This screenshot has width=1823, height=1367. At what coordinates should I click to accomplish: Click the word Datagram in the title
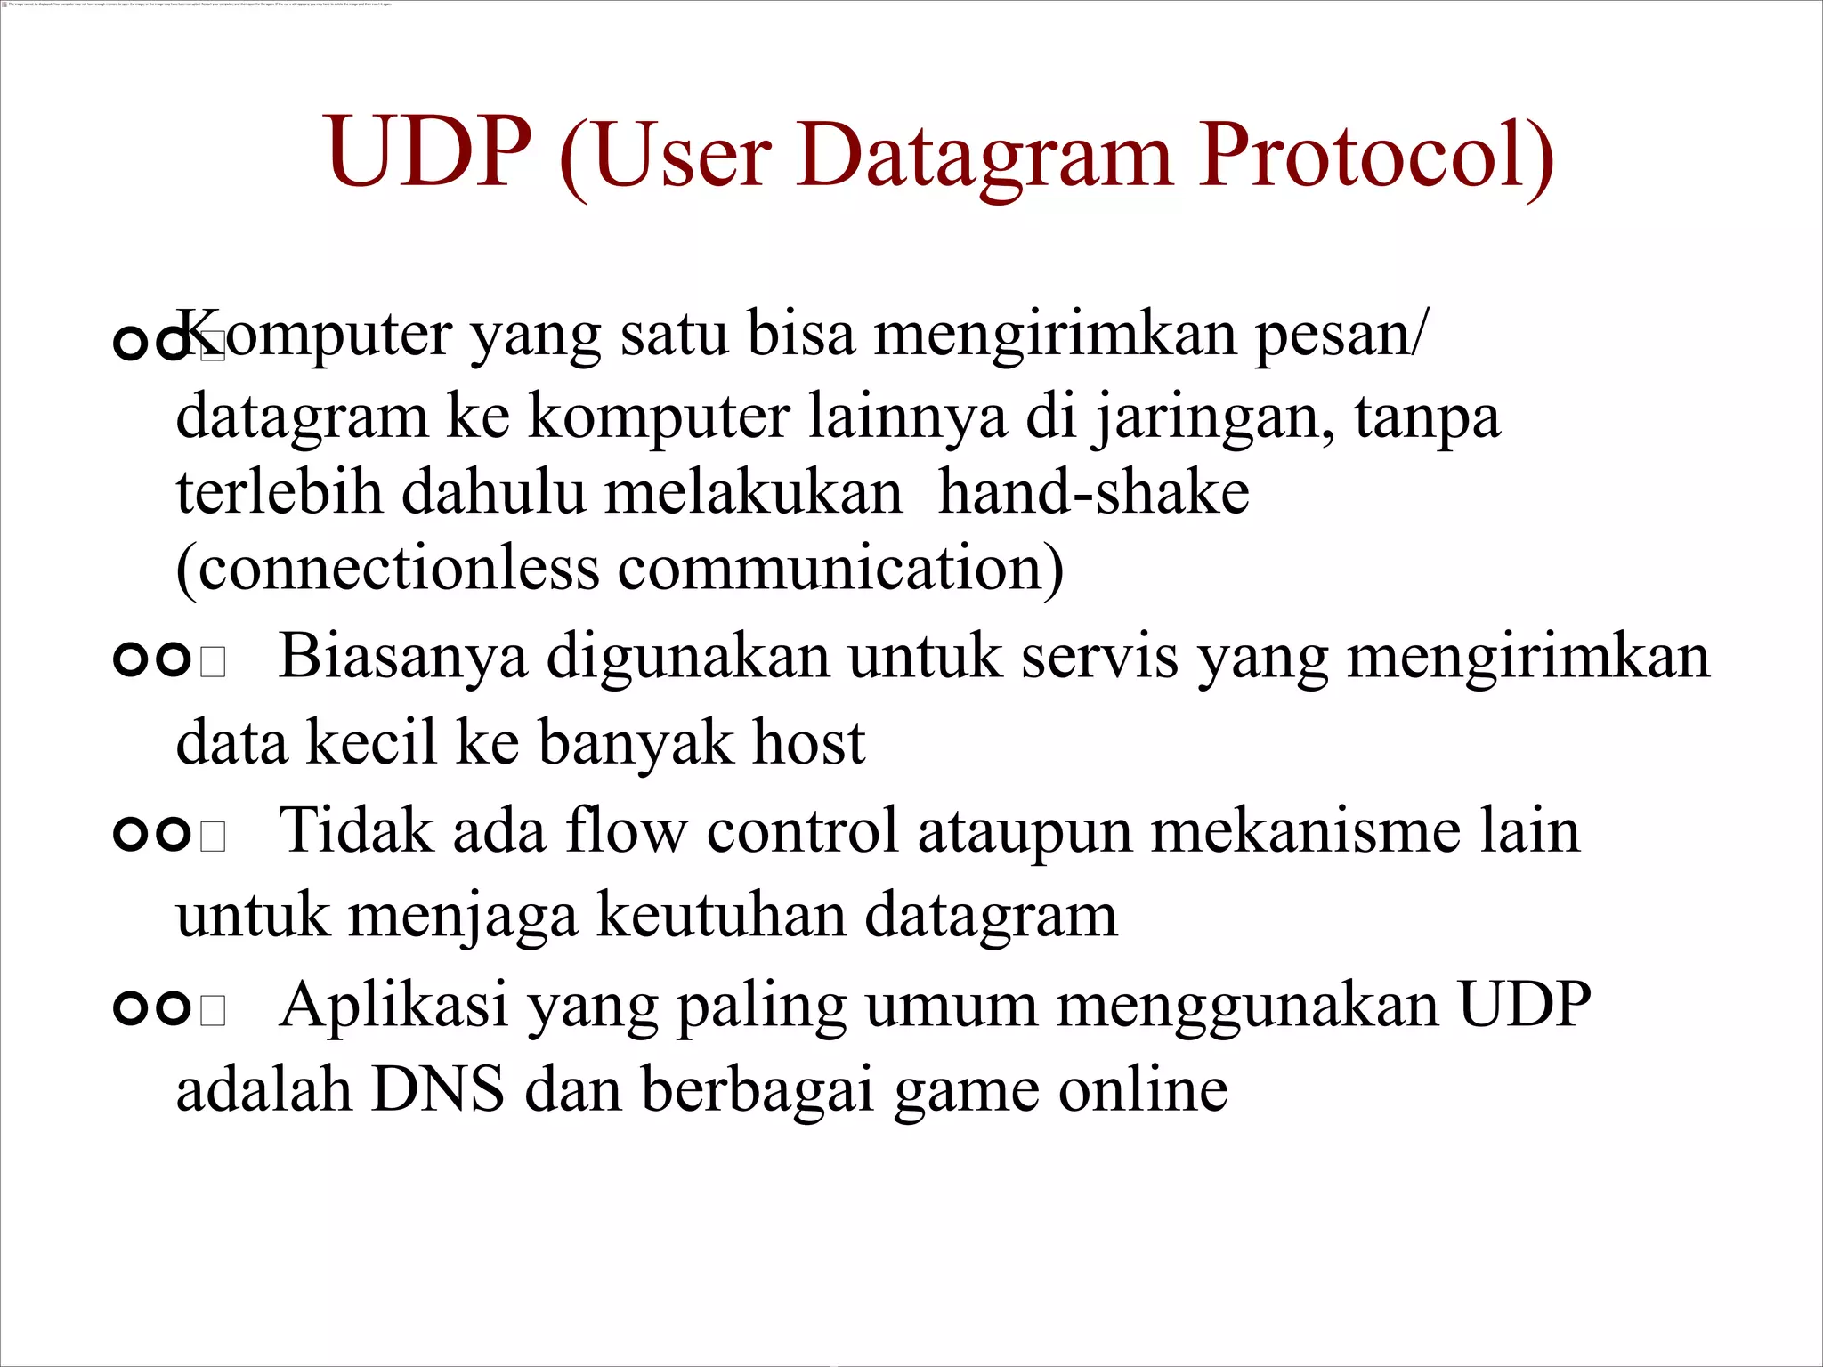[984, 156]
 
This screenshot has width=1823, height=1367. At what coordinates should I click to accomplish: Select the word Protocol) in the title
[1375, 156]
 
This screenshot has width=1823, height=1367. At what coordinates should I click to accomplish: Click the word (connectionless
[387, 569]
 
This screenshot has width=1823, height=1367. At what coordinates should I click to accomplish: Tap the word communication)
[840, 569]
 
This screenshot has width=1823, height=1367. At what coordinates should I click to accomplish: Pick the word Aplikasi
[393, 1006]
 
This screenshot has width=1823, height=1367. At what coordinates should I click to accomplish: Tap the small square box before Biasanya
[213, 662]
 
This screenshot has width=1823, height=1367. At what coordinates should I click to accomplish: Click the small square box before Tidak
[213, 837]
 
